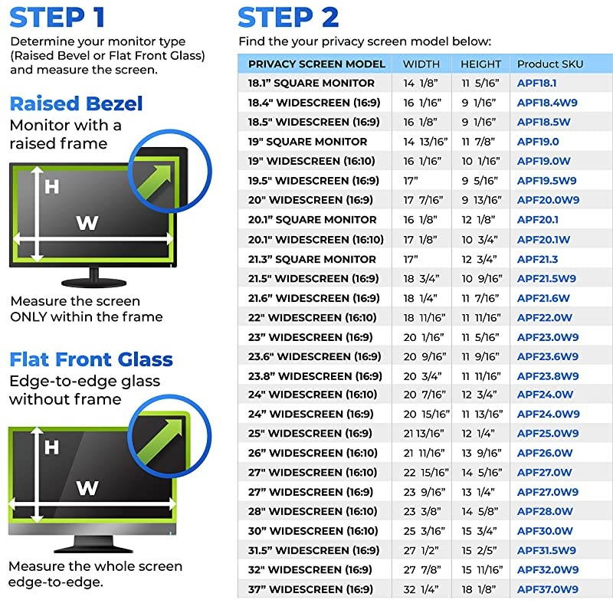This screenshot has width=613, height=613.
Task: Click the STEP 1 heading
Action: [58, 17]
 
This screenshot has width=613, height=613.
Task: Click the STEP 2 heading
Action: [287, 17]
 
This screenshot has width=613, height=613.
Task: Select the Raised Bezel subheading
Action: [76, 103]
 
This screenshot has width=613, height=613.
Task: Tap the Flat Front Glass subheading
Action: [90, 359]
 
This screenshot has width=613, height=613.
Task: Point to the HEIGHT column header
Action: [480, 64]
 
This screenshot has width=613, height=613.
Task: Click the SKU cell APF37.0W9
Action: [547, 589]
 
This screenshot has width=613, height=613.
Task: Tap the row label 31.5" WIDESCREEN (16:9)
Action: [313, 550]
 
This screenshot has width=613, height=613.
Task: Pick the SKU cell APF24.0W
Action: [544, 395]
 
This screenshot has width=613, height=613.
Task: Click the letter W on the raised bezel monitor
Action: [87, 223]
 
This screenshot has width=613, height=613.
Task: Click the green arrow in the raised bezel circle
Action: [157, 165]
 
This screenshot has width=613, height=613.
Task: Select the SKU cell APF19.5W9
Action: [547, 181]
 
